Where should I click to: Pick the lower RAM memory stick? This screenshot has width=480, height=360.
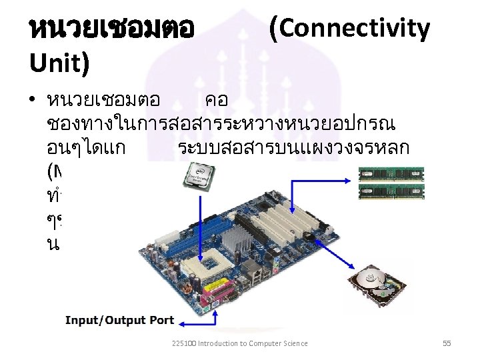[x=391, y=192]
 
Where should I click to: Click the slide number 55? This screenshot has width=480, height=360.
[x=447, y=343]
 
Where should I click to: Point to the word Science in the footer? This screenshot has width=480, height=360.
[x=293, y=343]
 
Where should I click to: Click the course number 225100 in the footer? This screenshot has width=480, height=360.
[x=181, y=343]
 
